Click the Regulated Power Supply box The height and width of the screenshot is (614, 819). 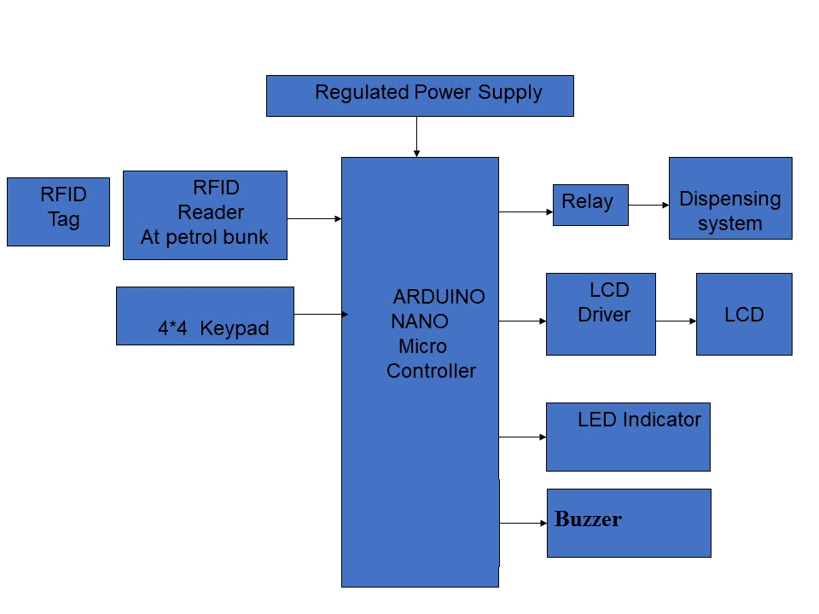(420, 96)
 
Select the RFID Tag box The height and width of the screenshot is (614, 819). (58, 211)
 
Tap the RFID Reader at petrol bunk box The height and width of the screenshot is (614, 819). (205, 215)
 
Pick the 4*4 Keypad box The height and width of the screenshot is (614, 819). (205, 316)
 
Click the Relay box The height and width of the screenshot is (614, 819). (590, 205)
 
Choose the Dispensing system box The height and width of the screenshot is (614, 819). (730, 198)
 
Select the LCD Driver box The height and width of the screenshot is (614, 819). (601, 314)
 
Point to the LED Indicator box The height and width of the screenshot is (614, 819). (628, 437)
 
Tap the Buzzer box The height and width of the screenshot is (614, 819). (629, 523)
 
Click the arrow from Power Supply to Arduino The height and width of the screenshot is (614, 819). (416, 136)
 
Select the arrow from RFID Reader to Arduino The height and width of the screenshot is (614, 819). (314, 219)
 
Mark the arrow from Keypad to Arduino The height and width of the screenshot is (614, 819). (321, 315)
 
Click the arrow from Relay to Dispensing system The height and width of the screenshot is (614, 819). (648, 206)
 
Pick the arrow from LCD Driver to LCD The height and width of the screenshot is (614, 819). (676, 321)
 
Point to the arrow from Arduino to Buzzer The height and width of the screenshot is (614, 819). (522, 523)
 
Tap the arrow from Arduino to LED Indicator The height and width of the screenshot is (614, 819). (522, 437)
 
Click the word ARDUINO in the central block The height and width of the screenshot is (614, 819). (439, 297)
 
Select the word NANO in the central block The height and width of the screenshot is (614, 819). (420, 321)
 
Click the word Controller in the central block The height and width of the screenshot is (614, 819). (431, 371)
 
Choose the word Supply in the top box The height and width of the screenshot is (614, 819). (509, 92)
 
